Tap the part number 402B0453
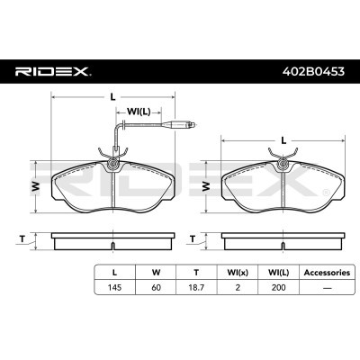[x=313, y=71]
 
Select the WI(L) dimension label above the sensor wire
[x=139, y=112]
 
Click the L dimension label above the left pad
[x=112, y=97]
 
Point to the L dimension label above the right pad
[x=283, y=140]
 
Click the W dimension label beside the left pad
[x=36, y=186]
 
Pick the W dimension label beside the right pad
[x=206, y=186]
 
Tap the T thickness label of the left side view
[x=22, y=239]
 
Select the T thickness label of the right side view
[x=193, y=239]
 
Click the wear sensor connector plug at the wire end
[x=178, y=124]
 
